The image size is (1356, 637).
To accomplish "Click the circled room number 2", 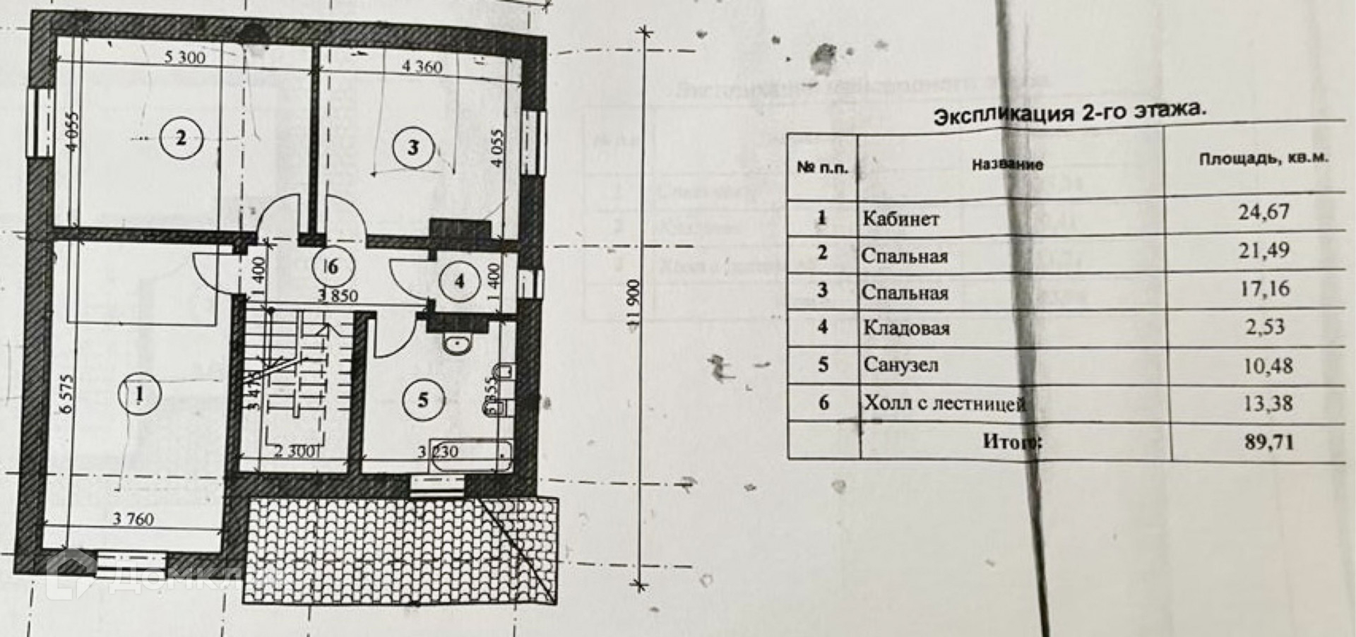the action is (x=181, y=138).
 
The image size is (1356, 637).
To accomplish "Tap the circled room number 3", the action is (x=413, y=148).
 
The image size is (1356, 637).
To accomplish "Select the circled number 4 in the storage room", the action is (x=459, y=282).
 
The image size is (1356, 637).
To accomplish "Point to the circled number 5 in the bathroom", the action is (x=423, y=400).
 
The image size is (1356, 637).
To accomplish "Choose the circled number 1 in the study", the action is (x=140, y=394).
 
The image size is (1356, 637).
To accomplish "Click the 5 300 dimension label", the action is (x=185, y=57).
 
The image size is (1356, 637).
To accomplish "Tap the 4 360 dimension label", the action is (x=422, y=66).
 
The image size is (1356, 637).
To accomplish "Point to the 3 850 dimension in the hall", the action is (x=338, y=296).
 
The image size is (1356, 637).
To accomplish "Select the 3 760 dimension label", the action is (x=133, y=519).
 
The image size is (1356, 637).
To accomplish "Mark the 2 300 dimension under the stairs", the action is (x=297, y=451).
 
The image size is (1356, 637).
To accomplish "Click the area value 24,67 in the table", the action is (x=1263, y=212).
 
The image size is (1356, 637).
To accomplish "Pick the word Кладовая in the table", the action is (x=906, y=328).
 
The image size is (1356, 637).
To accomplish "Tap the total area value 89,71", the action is (x=1268, y=443).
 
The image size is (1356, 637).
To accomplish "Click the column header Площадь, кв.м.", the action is (x=1263, y=158).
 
